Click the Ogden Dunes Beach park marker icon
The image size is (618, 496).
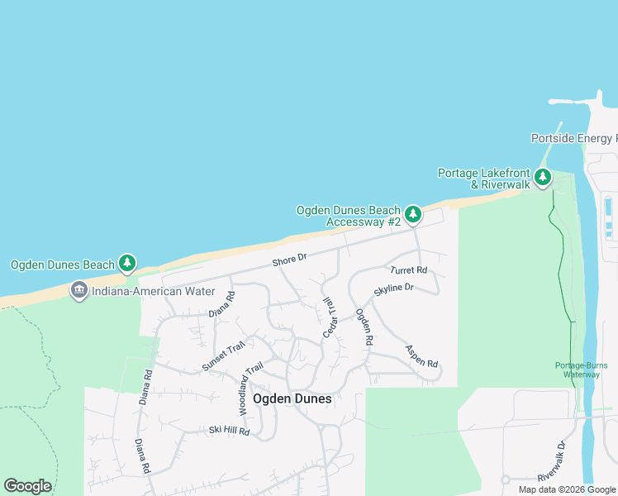tap(126, 264)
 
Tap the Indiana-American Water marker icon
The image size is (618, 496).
tap(79, 291)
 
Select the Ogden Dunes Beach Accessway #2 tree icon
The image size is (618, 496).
tap(412, 215)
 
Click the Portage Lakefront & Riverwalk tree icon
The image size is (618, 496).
tap(543, 177)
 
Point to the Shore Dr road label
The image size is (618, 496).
tap(290, 260)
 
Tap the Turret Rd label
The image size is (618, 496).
tap(409, 270)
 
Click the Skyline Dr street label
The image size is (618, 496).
tap(393, 289)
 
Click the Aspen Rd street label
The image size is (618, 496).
tap(421, 357)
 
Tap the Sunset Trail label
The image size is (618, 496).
tap(224, 357)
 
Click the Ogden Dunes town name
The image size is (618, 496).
tap(292, 398)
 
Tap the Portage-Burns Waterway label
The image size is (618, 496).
tap(577, 370)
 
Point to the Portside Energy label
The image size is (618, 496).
tap(573, 138)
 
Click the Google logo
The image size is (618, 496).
tap(27, 485)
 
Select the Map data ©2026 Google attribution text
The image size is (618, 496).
tap(567, 489)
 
